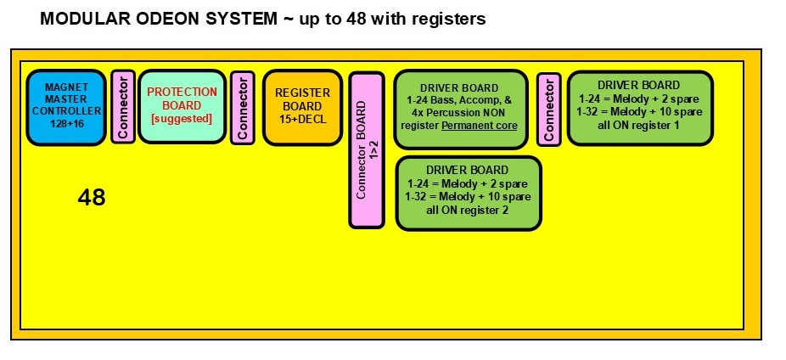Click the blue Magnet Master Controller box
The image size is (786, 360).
click(66, 108)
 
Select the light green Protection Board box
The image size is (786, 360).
click(182, 108)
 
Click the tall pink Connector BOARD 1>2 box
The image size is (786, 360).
click(367, 150)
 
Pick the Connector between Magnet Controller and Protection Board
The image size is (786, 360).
click(123, 108)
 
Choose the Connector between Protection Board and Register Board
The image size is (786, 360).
click(242, 108)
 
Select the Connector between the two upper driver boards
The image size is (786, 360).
click(549, 109)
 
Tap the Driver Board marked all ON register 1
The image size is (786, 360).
click(638, 108)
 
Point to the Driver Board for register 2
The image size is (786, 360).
click(468, 193)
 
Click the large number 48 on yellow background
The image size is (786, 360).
click(92, 198)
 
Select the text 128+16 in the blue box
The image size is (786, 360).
click(65, 124)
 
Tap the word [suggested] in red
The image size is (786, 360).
click(182, 117)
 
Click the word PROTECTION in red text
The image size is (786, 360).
click(182, 92)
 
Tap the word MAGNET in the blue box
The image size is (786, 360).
click(65, 87)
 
